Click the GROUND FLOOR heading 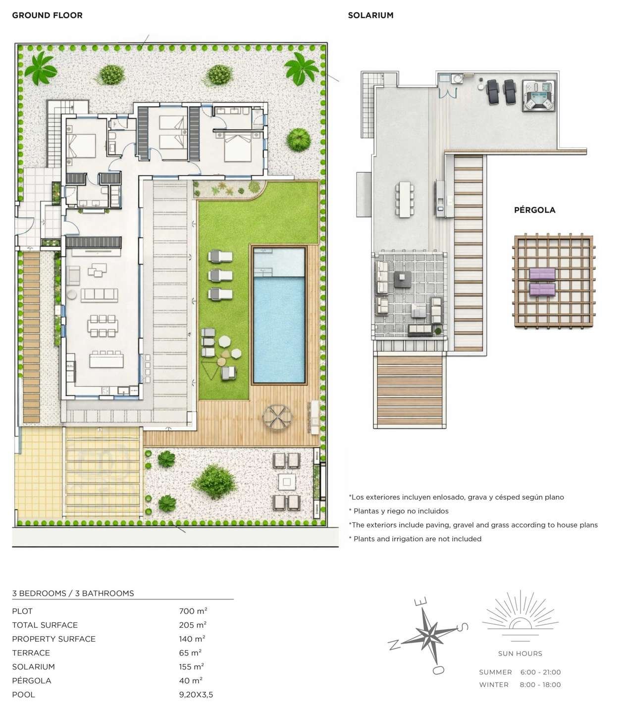(x=47, y=15)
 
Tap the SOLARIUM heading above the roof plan (x=370, y=15)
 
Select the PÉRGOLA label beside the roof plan (x=534, y=210)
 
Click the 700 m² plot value (x=193, y=611)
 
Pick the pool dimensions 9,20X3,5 (x=196, y=694)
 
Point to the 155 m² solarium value (x=193, y=666)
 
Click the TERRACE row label (x=31, y=653)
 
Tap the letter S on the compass (x=462, y=627)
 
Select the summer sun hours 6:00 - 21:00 (x=540, y=672)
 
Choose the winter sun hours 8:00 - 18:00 (x=540, y=685)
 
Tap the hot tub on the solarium (x=538, y=95)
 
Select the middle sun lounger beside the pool (x=220, y=275)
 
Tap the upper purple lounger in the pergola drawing (x=542, y=274)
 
